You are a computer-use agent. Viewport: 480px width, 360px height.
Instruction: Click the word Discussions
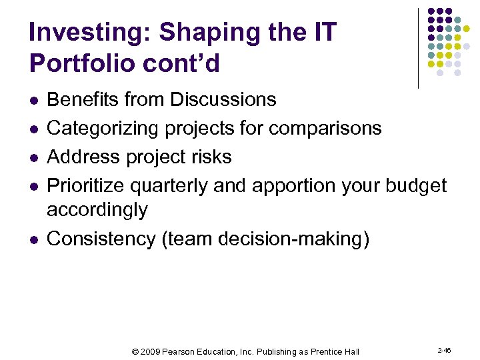point(223,99)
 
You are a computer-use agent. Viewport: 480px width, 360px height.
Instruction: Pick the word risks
point(208,157)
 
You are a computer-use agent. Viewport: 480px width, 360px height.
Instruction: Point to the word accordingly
point(97,210)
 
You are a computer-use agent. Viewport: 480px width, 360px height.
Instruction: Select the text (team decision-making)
point(265,239)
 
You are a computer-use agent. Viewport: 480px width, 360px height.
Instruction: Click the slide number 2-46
point(444,351)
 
